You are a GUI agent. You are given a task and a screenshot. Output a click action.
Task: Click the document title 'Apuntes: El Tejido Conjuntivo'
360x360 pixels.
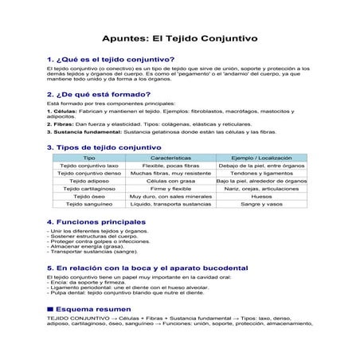tap(179, 39)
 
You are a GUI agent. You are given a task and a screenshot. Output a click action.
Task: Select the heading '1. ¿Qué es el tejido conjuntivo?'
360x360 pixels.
tap(112, 60)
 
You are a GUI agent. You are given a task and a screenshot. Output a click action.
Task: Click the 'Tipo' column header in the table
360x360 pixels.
tap(89, 158)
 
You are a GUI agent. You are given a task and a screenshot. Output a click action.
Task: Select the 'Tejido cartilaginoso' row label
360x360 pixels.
tap(89, 189)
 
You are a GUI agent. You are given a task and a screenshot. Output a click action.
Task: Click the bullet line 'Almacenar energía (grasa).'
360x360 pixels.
tap(88, 247)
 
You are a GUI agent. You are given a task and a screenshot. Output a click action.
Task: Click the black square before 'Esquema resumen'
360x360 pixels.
tap(50, 307)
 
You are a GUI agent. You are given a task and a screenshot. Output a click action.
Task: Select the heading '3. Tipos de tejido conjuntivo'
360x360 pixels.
tap(104, 147)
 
